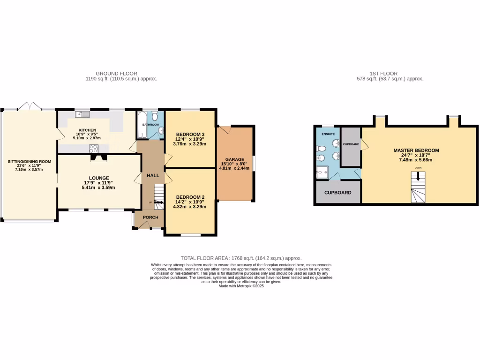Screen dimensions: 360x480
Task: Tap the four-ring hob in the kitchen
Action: [x=94, y=149]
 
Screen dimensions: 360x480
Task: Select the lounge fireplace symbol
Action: [x=98, y=158]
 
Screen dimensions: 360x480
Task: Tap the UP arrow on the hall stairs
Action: [x=158, y=202]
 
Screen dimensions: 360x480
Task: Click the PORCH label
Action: [x=150, y=217]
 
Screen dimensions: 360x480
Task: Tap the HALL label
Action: [x=153, y=175]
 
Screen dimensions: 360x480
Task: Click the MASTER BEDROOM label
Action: [x=416, y=150]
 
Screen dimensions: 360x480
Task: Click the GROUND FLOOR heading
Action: [x=116, y=74]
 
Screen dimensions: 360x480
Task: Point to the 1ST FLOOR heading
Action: [x=383, y=74]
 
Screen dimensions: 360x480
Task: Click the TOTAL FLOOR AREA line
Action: [x=241, y=258]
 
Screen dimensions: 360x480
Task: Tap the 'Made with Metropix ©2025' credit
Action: [x=241, y=286]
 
